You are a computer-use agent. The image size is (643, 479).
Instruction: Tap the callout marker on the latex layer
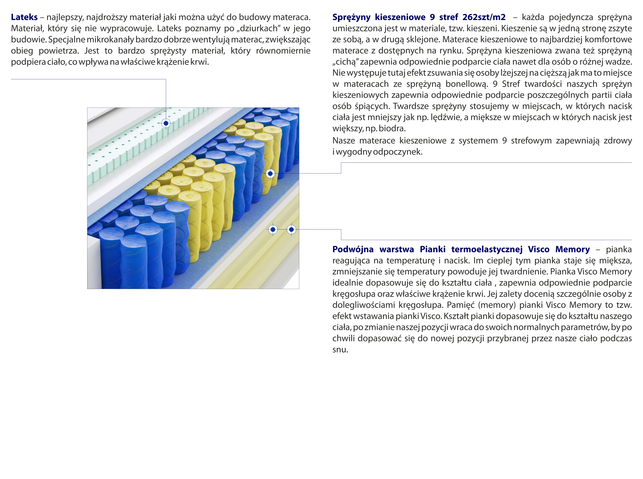pyautogui.click(x=166, y=123)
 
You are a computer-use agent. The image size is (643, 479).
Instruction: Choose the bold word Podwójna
pyautogui.click(x=353, y=249)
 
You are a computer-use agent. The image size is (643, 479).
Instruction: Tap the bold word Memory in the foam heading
pyautogui.click(x=572, y=249)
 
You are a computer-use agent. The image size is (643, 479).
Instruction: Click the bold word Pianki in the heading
pyautogui.click(x=432, y=249)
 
